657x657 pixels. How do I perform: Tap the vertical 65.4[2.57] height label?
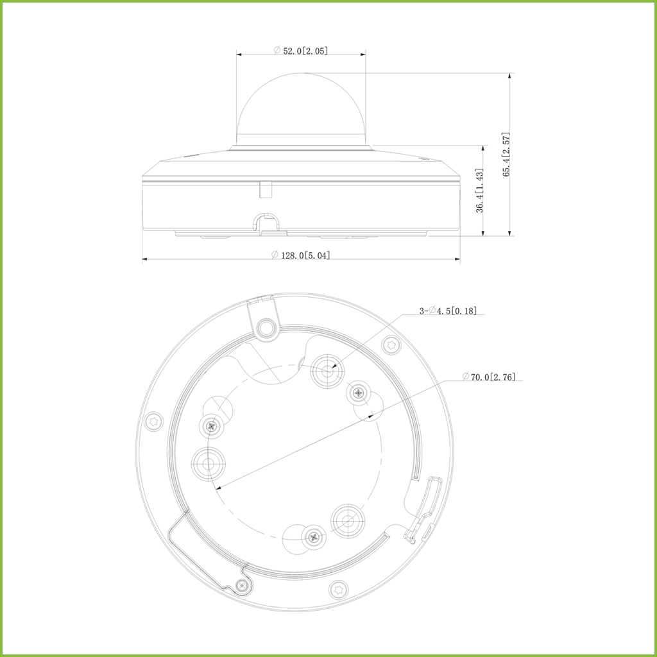click(x=506, y=154)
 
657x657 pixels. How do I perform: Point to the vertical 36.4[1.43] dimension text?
click(x=480, y=191)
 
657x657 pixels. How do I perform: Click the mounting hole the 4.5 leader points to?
click(x=328, y=371)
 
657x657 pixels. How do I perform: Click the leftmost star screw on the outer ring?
click(x=153, y=421)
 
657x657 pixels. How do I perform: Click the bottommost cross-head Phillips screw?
click(x=313, y=536)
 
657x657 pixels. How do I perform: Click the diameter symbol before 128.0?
click(x=274, y=255)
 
